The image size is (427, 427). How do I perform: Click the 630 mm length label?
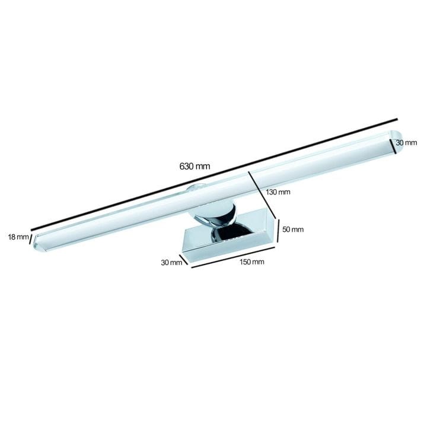tap(195, 166)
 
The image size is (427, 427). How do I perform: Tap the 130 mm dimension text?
tap(278, 192)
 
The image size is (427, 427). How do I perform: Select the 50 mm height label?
tap(293, 230)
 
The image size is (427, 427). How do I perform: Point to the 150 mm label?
tap(252, 262)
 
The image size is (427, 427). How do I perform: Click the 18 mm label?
tap(18, 237)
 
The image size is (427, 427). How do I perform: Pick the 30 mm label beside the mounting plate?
tap(171, 263)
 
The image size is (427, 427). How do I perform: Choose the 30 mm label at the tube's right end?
tap(406, 142)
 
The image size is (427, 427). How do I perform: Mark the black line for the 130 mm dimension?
tap(263, 195)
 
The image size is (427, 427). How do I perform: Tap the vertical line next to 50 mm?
tap(278, 231)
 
